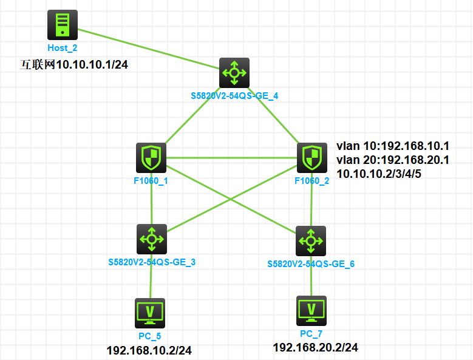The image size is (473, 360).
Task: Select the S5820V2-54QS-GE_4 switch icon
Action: pyautogui.click(x=234, y=73)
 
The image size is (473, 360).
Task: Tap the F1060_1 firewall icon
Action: pyautogui.click(x=151, y=158)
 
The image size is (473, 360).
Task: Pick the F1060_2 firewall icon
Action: pyautogui.click(x=311, y=158)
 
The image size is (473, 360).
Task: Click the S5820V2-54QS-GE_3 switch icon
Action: pyautogui.click(x=151, y=239)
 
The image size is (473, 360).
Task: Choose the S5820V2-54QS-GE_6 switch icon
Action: pyautogui.click(x=311, y=241)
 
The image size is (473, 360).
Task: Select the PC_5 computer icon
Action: pyautogui.click(x=150, y=312)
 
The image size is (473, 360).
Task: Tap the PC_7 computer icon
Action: pyautogui.click(x=311, y=310)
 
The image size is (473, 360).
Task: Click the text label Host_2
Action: pyautogui.click(x=63, y=47)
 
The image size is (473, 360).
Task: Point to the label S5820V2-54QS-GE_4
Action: pyautogui.click(x=234, y=95)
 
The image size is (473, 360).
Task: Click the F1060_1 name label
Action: pyautogui.click(x=151, y=180)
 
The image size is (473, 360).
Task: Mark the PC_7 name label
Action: pyautogui.click(x=311, y=334)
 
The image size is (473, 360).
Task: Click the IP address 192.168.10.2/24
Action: pyautogui.click(x=149, y=350)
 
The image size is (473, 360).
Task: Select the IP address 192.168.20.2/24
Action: pyautogui.click(x=315, y=347)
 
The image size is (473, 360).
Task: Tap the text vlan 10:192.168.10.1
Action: pyautogui.click(x=392, y=146)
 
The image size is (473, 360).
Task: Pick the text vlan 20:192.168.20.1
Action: pyautogui.click(x=392, y=160)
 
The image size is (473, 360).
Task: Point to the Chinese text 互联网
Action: pyautogui.click(x=38, y=64)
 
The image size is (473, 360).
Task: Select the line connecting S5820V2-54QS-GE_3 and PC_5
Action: pyautogui.click(x=151, y=276)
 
